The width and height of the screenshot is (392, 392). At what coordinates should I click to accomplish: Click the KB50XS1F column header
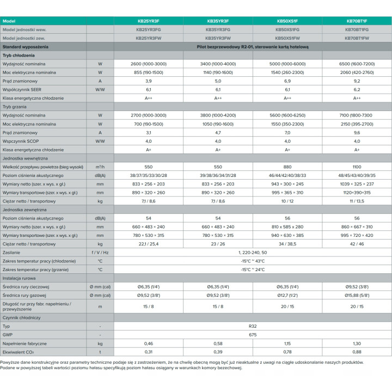[x=287, y=21]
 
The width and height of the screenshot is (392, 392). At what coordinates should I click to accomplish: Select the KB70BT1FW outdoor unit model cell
[x=357, y=38]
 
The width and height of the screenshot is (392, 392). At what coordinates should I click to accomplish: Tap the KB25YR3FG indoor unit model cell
[x=149, y=29]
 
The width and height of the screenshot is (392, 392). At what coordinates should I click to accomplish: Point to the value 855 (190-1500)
[x=149, y=72]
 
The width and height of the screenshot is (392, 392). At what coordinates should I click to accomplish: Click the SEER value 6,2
[x=357, y=89]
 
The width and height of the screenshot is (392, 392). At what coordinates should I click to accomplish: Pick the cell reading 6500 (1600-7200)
[x=357, y=64]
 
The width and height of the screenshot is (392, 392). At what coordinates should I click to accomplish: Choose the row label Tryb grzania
[x=15, y=107]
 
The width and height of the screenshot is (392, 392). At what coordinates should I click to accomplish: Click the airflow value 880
[x=287, y=167]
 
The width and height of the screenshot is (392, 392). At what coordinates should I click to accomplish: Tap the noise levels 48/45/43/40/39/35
[x=357, y=175]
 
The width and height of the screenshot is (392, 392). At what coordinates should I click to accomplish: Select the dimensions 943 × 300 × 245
[x=287, y=184]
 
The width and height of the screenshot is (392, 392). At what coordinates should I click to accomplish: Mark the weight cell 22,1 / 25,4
[x=149, y=244]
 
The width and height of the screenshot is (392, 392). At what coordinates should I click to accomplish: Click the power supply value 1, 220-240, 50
[x=253, y=253]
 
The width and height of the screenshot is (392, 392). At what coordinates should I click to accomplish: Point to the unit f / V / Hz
[x=100, y=253]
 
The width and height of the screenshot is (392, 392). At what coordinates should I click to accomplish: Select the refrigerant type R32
[x=253, y=326]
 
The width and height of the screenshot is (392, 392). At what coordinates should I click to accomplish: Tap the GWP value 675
[x=253, y=335]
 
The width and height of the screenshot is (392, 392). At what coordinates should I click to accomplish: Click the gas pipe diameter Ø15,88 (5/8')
[x=357, y=295]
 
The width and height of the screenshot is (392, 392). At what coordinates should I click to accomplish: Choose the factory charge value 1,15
[x=287, y=344]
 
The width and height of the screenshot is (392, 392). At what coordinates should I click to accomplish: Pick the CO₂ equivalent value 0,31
[x=149, y=352]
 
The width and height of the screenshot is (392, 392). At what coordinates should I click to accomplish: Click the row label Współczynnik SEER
[x=22, y=89]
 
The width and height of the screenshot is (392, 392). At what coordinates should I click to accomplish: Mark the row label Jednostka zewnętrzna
[x=24, y=210]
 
